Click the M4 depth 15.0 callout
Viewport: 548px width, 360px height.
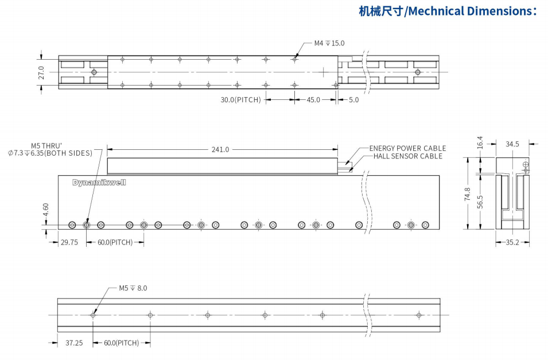pyautogui.click(x=329, y=43)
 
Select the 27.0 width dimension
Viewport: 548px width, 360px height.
pyautogui.click(x=41, y=72)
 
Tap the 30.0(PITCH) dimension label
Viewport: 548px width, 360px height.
pyautogui.click(x=241, y=100)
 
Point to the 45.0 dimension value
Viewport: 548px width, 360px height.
pyautogui.click(x=313, y=100)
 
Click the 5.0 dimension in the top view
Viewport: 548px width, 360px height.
pyautogui.click(x=353, y=100)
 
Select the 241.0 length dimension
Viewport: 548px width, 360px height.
pyautogui.click(x=220, y=149)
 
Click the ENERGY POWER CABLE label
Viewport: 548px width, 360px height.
pyautogui.click(x=407, y=148)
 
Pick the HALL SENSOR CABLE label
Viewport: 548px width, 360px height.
pyautogui.click(x=408, y=156)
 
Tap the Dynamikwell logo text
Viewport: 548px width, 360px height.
pyautogui.click(x=99, y=183)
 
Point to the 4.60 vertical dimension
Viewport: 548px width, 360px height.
pyautogui.click(x=46, y=211)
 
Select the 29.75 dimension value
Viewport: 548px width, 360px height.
pyautogui.click(x=69, y=242)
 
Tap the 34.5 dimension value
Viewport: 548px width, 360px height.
pyautogui.click(x=512, y=144)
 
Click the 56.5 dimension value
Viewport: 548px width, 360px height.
pyautogui.click(x=480, y=203)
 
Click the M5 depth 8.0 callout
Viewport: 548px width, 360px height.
pyautogui.click(x=133, y=288)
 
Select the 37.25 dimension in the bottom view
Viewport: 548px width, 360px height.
pyautogui.click(x=74, y=343)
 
